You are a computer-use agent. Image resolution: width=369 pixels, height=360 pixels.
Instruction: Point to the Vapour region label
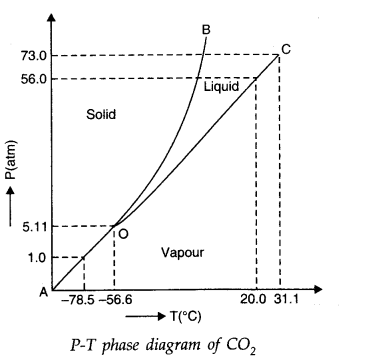182,252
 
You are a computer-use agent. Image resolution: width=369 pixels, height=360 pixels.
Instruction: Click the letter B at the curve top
205,29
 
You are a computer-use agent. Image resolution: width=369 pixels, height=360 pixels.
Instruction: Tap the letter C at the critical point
286,47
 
